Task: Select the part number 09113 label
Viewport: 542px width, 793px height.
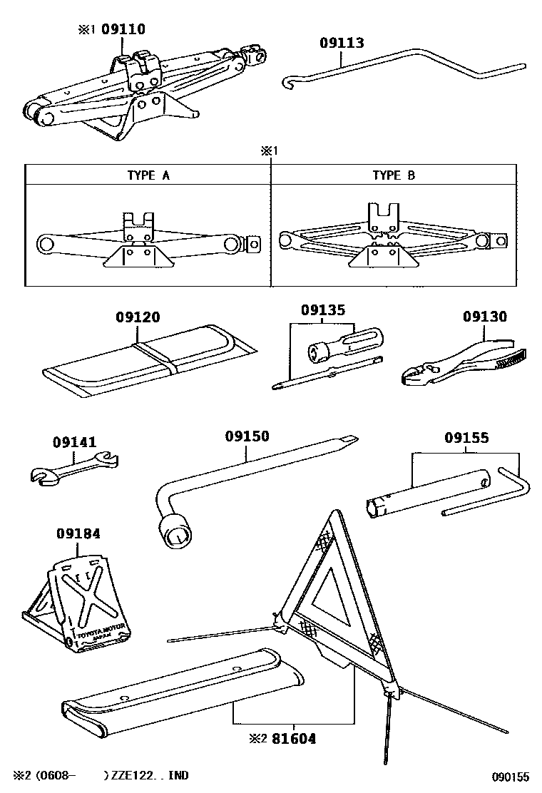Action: click(342, 43)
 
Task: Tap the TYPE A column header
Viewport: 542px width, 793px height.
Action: click(148, 175)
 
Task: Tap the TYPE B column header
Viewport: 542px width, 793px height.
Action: click(393, 175)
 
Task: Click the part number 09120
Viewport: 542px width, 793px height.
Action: click(138, 317)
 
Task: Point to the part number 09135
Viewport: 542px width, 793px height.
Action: click(322, 310)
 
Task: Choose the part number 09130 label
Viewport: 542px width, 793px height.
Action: click(484, 315)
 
